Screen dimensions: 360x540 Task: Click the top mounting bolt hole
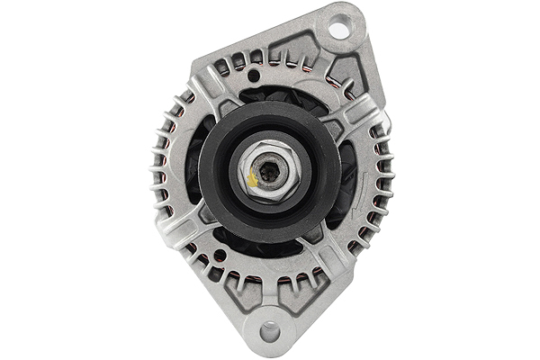point(338,30)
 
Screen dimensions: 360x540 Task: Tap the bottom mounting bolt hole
point(270,331)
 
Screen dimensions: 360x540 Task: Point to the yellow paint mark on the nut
point(253,179)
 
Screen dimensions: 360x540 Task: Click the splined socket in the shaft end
point(269,166)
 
